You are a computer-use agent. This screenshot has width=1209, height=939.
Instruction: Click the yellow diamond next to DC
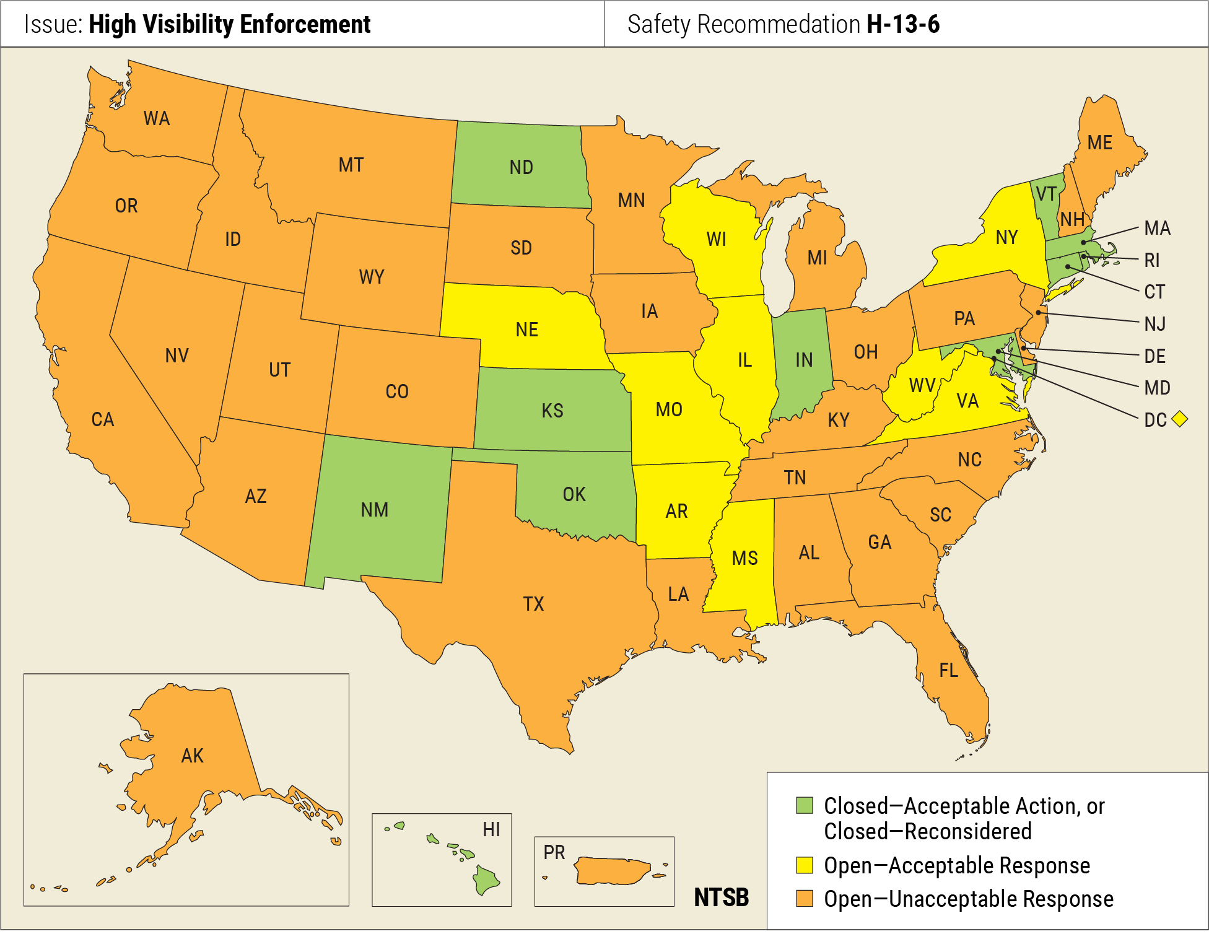1180,419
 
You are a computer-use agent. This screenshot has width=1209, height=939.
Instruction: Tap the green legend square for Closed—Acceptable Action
804,805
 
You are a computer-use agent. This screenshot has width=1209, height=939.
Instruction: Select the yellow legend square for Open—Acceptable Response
804,865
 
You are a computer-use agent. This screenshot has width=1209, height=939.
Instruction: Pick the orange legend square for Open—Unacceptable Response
804,898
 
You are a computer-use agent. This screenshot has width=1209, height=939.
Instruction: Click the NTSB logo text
721,897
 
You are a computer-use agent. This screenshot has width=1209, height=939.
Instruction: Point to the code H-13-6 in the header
903,24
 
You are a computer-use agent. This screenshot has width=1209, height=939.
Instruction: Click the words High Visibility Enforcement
229,24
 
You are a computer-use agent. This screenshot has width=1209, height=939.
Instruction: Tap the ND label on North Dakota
521,167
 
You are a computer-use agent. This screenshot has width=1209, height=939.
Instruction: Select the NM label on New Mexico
375,510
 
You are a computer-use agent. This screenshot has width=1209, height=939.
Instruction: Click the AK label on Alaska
192,756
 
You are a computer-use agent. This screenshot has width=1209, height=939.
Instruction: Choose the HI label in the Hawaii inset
491,829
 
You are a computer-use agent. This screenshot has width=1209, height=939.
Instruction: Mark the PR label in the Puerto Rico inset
554,852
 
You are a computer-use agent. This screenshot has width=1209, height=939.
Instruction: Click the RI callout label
1152,260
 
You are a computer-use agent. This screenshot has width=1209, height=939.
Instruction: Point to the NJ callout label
1154,323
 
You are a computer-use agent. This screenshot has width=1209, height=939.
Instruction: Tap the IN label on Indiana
803,360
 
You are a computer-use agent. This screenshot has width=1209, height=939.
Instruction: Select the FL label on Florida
948,670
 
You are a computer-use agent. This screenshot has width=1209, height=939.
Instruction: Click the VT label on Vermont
1046,194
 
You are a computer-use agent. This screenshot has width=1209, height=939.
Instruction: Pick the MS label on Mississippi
744,558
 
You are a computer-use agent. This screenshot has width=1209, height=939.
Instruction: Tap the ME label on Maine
1099,143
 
